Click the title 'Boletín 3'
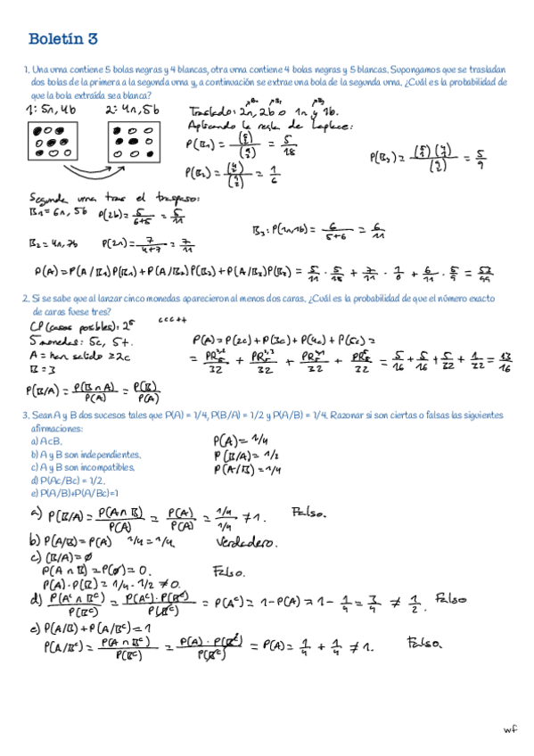coord(62,39)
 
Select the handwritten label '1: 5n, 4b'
coord(54,110)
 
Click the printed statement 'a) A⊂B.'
coord(46,440)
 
